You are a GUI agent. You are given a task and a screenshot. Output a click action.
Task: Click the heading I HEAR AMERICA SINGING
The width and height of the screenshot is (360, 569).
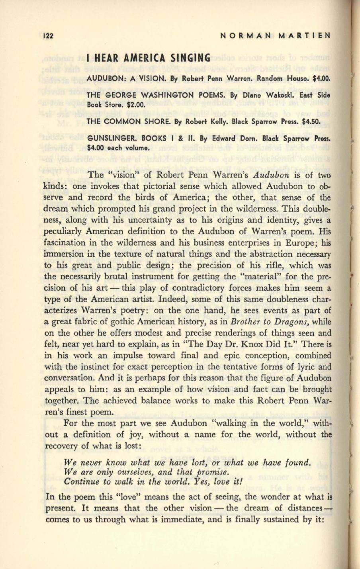click(x=148, y=58)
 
